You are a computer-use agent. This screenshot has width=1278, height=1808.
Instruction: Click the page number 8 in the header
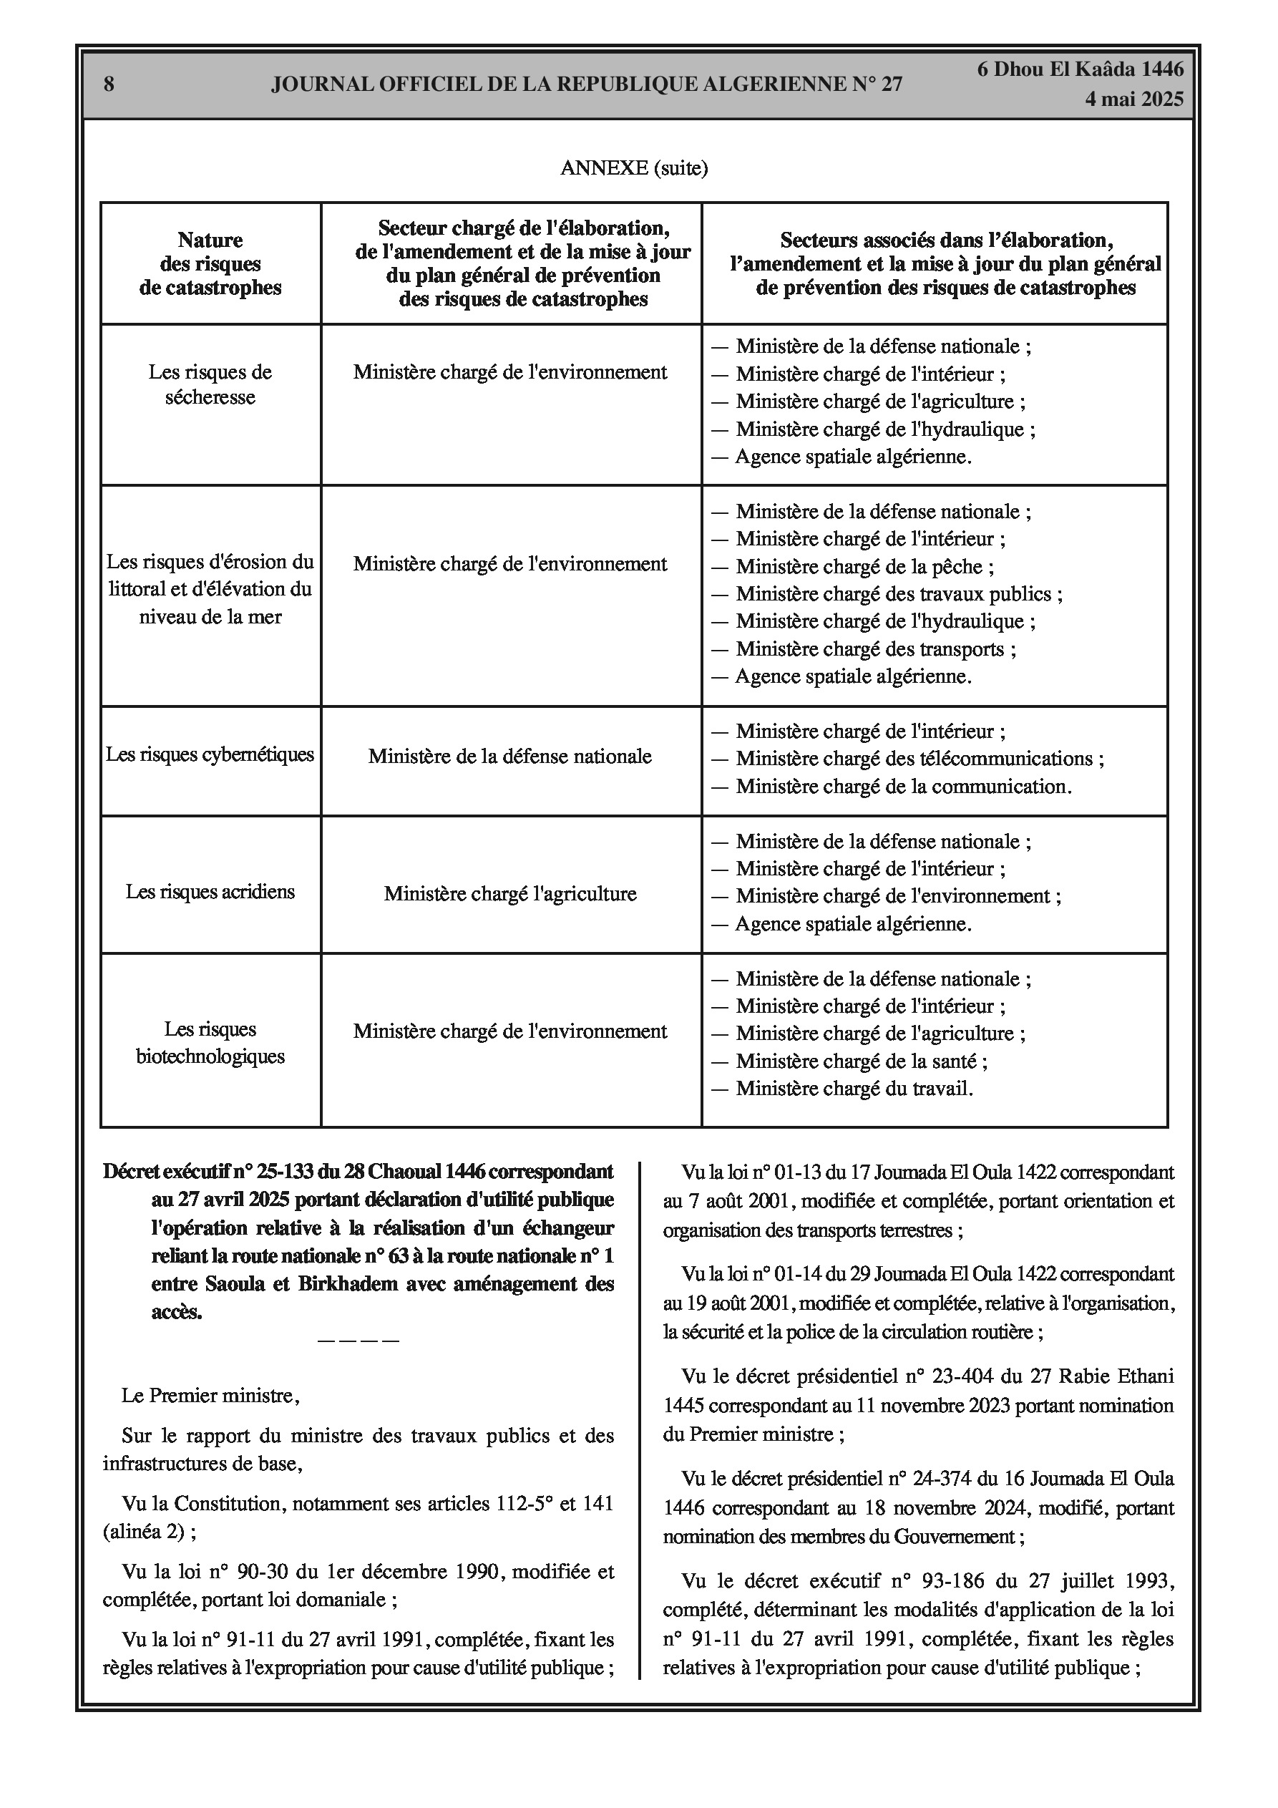coord(109,84)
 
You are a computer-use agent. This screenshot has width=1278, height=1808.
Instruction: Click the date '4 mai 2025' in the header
coord(1133,99)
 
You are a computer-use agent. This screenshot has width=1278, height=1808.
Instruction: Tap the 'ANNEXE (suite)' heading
coord(634,167)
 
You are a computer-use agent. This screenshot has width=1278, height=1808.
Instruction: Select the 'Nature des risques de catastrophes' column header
coord(210,264)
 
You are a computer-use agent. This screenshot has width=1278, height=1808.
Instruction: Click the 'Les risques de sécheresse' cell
coord(210,384)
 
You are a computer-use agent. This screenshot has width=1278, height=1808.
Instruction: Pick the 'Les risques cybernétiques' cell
coord(210,754)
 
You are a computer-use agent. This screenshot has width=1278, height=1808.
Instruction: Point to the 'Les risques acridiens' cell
coord(210,891)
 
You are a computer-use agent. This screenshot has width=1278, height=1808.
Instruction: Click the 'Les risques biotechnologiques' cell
coord(210,1043)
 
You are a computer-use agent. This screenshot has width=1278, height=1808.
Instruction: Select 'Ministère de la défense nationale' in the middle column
coord(510,757)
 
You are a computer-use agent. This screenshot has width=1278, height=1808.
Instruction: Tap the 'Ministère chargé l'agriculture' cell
coord(510,894)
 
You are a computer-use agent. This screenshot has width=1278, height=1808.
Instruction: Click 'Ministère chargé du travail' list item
coord(854,1089)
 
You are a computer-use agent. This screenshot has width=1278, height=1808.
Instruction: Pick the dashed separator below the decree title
coord(358,1341)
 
